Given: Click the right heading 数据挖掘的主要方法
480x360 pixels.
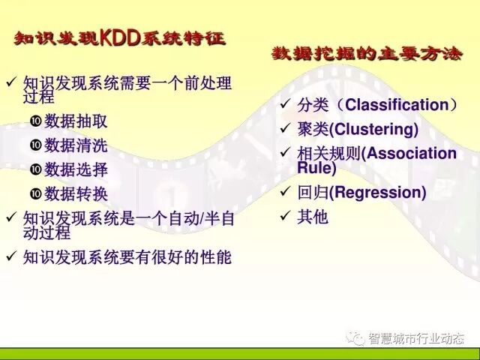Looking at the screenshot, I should pyautogui.click(x=367, y=54).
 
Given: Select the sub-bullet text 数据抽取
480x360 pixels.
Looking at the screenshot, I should pyautogui.click(x=76, y=121).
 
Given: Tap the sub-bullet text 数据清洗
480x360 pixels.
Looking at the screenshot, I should pyautogui.click(x=76, y=145).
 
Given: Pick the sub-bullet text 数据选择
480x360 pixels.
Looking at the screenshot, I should pyautogui.click(x=76, y=169).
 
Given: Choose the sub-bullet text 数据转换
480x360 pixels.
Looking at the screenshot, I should pyautogui.click(x=76, y=193).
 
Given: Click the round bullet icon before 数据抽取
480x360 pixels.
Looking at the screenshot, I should pyautogui.click(x=35, y=121).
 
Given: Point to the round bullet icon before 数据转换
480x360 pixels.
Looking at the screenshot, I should pyautogui.click(x=35, y=193).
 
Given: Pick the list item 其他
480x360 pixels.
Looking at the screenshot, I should pyautogui.click(x=313, y=217).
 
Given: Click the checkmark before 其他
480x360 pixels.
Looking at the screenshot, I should pyautogui.click(x=285, y=217).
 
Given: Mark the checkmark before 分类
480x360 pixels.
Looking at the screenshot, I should pyautogui.click(x=285, y=105).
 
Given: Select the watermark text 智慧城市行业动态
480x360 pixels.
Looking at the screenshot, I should pyautogui.click(x=415, y=339).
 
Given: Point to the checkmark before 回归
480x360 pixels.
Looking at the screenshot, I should pyautogui.click(x=285, y=192).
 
